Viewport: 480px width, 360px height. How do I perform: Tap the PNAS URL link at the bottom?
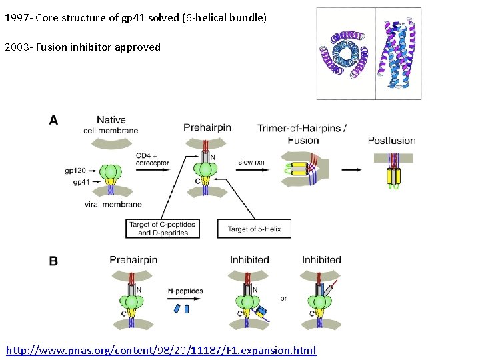tap(161, 350)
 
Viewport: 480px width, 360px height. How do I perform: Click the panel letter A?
tap(54, 121)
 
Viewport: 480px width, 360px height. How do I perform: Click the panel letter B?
tap(54, 261)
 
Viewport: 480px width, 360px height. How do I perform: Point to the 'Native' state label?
tap(111, 120)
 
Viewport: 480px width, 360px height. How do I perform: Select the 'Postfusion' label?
tap(391, 141)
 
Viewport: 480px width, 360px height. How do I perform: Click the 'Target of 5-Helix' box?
tap(254, 229)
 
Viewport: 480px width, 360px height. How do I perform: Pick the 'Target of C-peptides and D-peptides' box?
tap(163, 229)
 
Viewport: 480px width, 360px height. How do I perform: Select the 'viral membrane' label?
tap(113, 205)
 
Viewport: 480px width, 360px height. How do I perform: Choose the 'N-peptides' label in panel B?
tap(185, 291)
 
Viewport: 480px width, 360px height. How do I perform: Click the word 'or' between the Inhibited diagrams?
tap(283, 298)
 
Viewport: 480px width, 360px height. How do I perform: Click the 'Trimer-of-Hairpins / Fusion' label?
tap(302, 134)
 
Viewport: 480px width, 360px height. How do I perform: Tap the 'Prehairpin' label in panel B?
tap(133, 260)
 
